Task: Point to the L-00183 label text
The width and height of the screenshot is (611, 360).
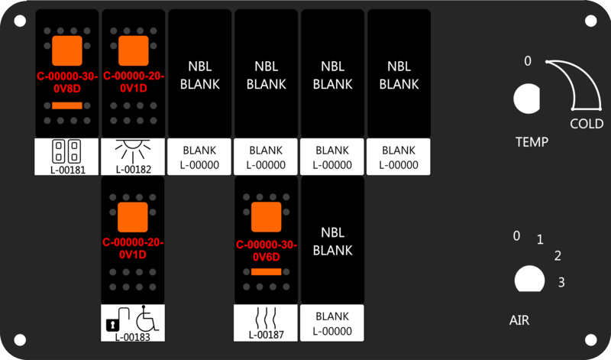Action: [x=133, y=336]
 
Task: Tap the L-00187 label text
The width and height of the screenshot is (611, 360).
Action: [x=267, y=334]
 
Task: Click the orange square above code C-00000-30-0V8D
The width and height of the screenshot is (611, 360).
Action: [x=66, y=51]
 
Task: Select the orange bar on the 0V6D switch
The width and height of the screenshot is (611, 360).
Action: [x=267, y=271]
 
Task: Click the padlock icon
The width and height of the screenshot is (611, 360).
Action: [x=111, y=324]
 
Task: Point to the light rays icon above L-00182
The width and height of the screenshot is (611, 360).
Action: [x=133, y=148]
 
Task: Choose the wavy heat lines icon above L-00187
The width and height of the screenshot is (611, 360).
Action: [x=267, y=316]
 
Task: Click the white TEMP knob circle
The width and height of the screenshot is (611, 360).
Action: [x=526, y=99]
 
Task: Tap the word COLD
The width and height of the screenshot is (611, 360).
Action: [x=587, y=124]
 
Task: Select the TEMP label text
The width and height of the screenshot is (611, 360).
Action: [x=531, y=142]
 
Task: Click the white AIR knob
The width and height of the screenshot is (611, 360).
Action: [x=526, y=279]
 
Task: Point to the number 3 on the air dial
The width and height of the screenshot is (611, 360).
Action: [x=561, y=283]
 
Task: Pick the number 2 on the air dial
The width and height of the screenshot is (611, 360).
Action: [x=558, y=256]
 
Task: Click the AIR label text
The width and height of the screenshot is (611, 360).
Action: [x=519, y=320]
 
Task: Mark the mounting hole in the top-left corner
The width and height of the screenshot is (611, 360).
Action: [x=21, y=21]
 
